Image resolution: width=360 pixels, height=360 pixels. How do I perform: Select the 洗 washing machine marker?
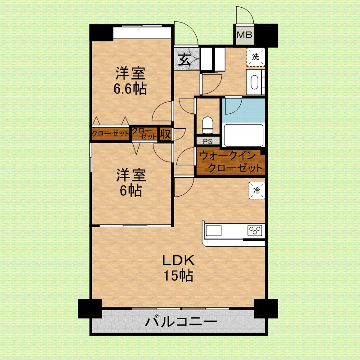click(x=256, y=57)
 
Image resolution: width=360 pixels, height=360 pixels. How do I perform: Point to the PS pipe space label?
click(x=207, y=141)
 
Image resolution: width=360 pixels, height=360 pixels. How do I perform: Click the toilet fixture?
click(x=207, y=125)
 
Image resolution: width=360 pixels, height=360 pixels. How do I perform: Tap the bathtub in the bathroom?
click(x=243, y=135)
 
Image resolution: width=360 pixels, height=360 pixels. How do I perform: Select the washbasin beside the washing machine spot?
click(x=255, y=83)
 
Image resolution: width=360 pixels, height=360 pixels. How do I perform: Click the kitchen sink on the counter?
click(x=214, y=231)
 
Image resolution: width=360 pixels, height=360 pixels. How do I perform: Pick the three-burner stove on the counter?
click(x=255, y=231)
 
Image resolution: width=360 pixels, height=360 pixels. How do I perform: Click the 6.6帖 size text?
click(x=130, y=89)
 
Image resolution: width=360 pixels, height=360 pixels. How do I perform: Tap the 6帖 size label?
click(x=130, y=191)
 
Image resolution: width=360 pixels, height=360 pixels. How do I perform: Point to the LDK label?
click(x=178, y=260)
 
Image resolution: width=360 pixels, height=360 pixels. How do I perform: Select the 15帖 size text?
click(x=178, y=274)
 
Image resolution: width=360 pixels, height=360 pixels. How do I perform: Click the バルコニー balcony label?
click(x=182, y=322)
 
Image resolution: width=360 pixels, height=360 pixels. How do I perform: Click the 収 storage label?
click(x=165, y=134)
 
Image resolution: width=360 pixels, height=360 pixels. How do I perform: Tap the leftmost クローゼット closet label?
click(x=110, y=134)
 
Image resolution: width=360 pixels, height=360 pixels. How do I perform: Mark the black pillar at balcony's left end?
click(x=90, y=309)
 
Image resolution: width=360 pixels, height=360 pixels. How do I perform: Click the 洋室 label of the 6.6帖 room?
click(x=130, y=72)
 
